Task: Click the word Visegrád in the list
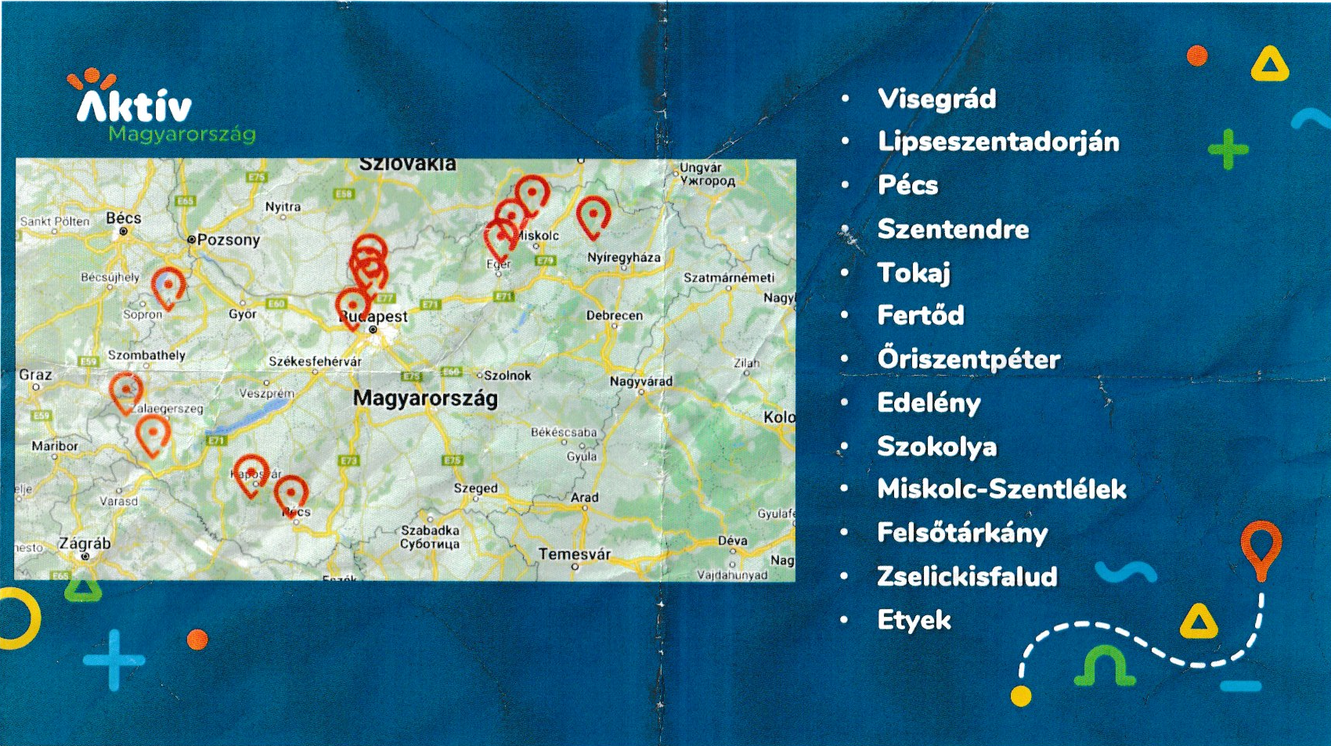click(936, 99)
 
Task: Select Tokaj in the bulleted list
click(913, 272)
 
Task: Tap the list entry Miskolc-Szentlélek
click(1001, 489)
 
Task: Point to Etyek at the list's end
click(914, 620)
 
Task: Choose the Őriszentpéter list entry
click(968, 359)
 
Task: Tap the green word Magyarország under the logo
click(182, 134)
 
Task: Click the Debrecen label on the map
click(614, 315)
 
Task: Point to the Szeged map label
click(475, 488)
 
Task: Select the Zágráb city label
click(85, 543)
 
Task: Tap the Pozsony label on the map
click(228, 240)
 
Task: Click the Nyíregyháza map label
click(623, 258)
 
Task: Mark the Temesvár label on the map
click(574, 554)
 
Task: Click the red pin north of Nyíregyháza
click(593, 215)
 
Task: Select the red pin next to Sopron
click(168, 286)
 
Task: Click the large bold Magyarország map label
click(425, 398)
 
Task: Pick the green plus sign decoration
click(1228, 149)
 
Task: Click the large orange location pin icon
click(1261, 548)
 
